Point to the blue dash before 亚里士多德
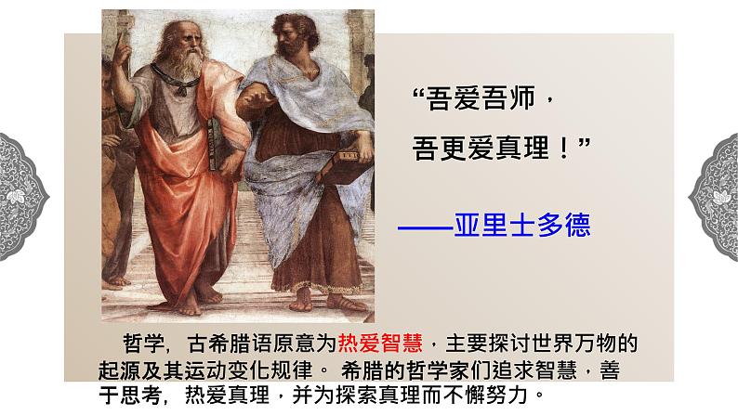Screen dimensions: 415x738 click(425, 226)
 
